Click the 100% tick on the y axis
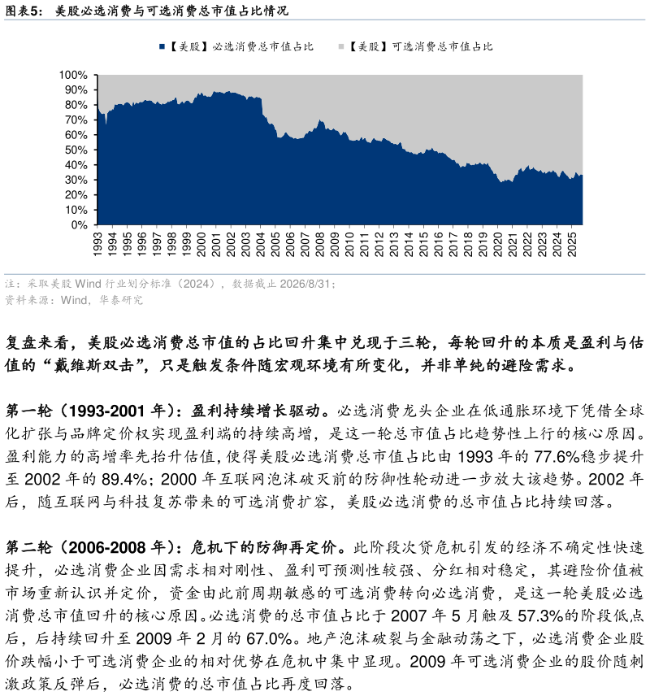(x=73, y=75)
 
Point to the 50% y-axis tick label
(x=76, y=150)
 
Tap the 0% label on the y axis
(x=79, y=225)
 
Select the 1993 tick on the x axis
(x=97, y=244)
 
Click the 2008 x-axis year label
(x=320, y=244)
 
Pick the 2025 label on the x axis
(x=572, y=244)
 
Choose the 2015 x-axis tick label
(x=424, y=244)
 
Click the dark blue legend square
(x=162, y=46)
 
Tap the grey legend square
(x=341, y=46)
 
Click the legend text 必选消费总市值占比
(x=263, y=46)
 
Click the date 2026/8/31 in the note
(x=305, y=284)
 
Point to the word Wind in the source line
(x=74, y=300)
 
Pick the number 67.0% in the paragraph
(x=269, y=638)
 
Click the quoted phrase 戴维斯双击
(x=94, y=365)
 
